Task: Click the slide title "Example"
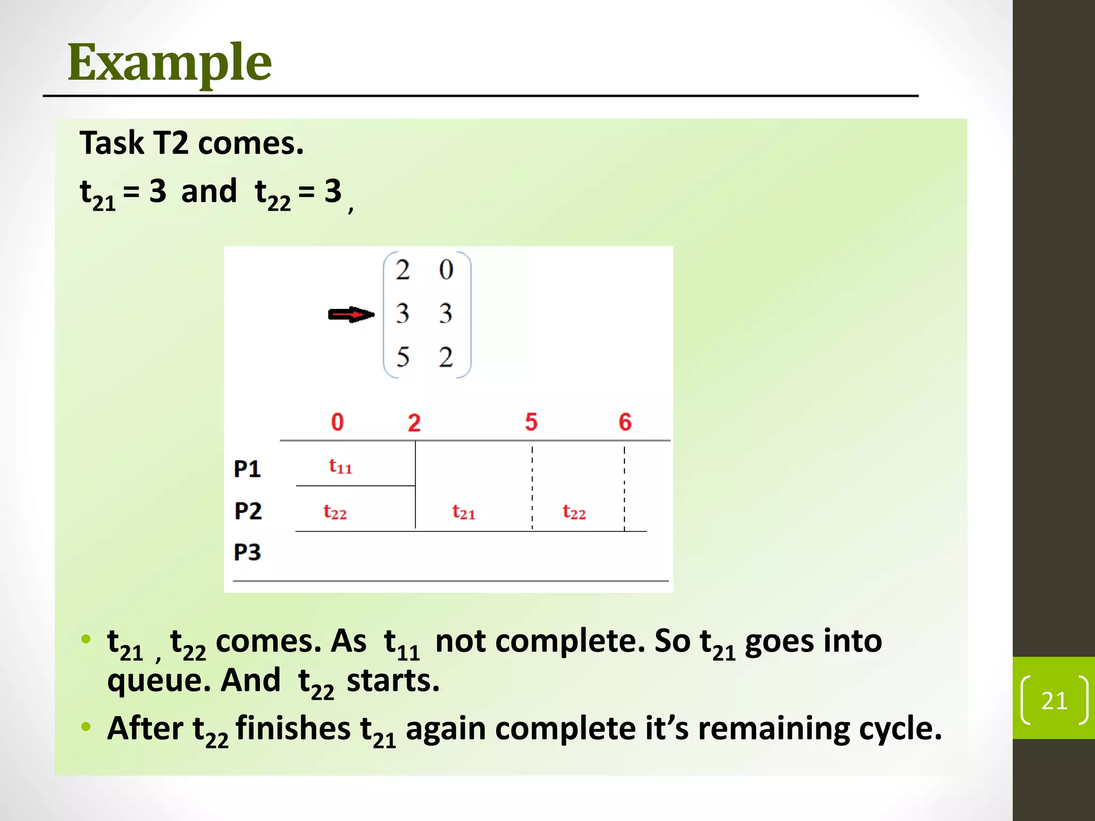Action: click(x=169, y=63)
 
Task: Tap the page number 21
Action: click(x=1054, y=700)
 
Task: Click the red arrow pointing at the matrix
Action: click(x=351, y=314)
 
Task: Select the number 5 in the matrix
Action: click(x=403, y=357)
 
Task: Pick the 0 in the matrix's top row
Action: click(x=446, y=269)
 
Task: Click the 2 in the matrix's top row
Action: click(x=403, y=269)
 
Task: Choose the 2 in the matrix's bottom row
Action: click(x=446, y=357)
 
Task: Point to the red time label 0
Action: click(x=337, y=422)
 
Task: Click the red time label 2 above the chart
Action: click(x=414, y=423)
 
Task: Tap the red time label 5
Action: click(x=531, y=422)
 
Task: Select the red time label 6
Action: click(x=625, y=422)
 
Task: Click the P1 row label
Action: click(x=247, y=469)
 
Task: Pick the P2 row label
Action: click(x=248, y=511)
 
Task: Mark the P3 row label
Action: click(x=247, y=552)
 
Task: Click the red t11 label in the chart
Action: click(x=340, y=467)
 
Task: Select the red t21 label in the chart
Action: click(x=464, y=512)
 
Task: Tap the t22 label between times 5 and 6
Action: click(x=574, y=512)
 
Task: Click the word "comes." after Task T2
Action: click(x=251, y=143)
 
